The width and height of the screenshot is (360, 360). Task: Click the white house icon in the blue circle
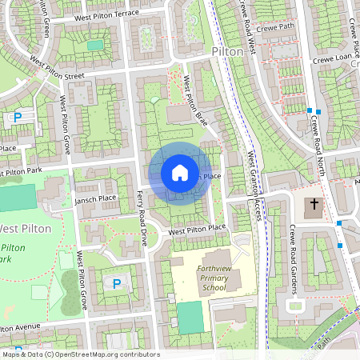(x=179, y=172)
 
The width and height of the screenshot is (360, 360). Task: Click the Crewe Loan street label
(x=333, y=57)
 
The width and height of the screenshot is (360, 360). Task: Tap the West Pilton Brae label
(x=195, y=99)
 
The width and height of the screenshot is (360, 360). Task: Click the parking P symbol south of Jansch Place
(x=116, y=283)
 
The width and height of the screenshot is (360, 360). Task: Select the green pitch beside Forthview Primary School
(x=190, y=318)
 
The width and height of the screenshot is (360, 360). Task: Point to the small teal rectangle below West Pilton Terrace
(x=95, y=46)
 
